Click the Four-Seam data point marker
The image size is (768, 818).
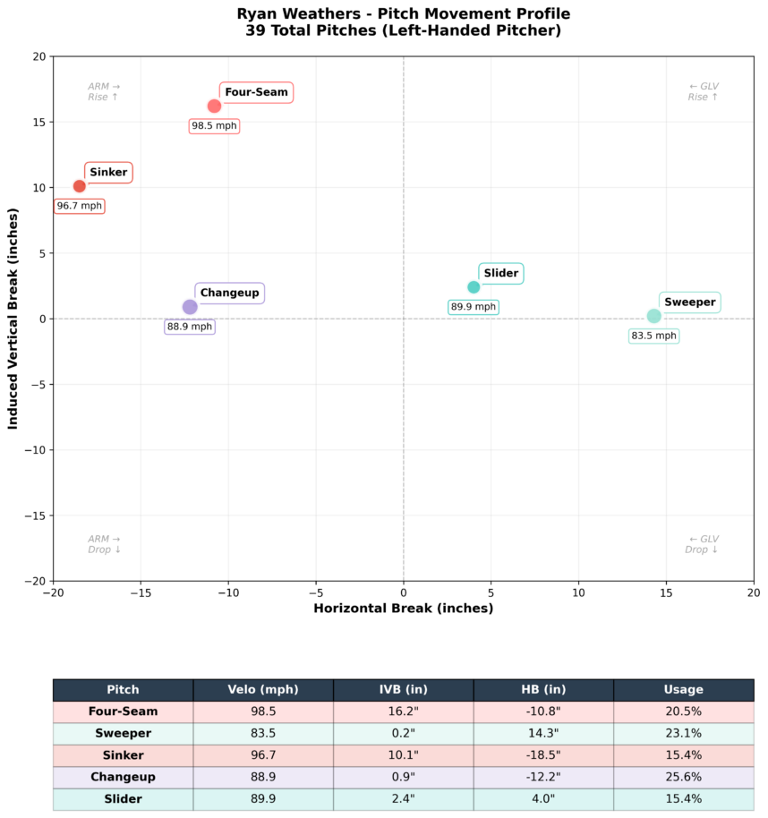click(214, 106)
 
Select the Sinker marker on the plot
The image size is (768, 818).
click(80, 186)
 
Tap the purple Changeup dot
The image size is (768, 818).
click(190, 307)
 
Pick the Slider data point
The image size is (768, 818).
click(474, 287)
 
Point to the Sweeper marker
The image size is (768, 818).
click(654, 316)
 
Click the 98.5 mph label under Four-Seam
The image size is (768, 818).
click(215, 126)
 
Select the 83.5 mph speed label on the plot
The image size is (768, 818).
click(653, 337)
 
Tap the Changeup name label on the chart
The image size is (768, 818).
click(229, 293)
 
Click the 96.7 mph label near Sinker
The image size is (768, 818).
click(80, 206)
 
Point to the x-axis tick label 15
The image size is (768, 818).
click(666, 592)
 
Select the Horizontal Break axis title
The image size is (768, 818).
click(403, 609)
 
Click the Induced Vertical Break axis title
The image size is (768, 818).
click(13, 319)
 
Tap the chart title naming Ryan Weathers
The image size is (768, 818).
click(403, 14)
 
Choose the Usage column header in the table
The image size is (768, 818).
click(684, 690)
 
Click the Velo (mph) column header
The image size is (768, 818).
click(263, 690)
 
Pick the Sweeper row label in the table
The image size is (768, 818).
click(123, 734)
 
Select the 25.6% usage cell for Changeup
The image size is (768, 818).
click(684, 778)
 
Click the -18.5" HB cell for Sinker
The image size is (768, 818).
click(543, 755)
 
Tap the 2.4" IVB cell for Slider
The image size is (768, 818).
click(403, 799)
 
